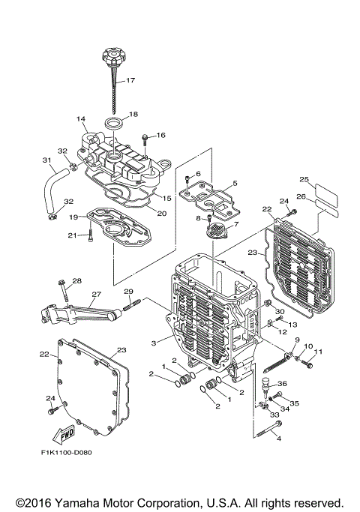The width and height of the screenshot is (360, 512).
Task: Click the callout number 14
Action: click(81, 119)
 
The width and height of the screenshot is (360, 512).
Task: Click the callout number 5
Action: click(235, 183)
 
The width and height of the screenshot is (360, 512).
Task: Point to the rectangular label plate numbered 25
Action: click(325, 187)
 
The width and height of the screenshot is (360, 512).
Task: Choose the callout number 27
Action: click(96, 295)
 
